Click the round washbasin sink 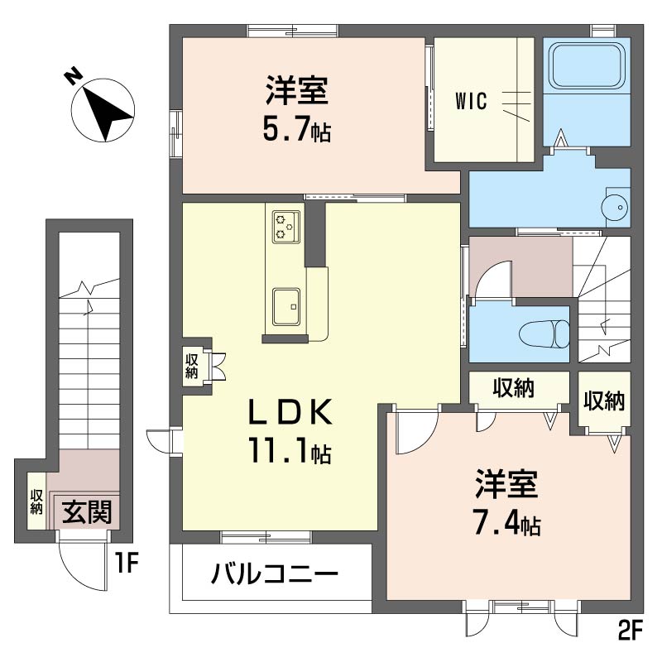click(x=616, y=203)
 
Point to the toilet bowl click(x=544, y=333)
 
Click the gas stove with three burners click(x=285, y=225)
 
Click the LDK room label click(x=292, y=411)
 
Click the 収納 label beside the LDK click(x=192, y=366)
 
